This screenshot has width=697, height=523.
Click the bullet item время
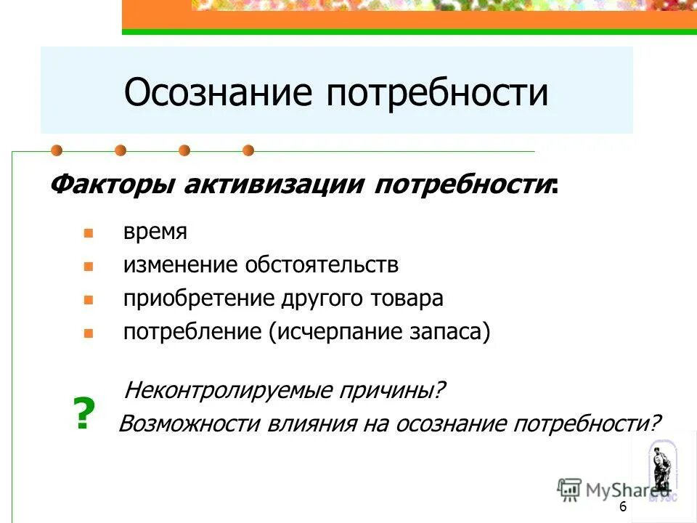coord(155,232)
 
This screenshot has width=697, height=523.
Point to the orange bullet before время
coord(88,234)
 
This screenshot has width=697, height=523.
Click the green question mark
coord(85,415)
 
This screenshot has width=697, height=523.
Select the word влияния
coord(306,423)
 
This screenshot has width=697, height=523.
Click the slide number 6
coord(623,506)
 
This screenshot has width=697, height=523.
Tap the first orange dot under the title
coord(57,151)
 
